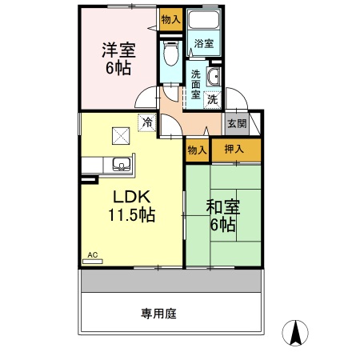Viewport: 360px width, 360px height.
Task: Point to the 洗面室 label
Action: pyautogui.click(x=196, y=84)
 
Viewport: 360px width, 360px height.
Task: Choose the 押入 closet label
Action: pyautogui.click(x=234, y=148)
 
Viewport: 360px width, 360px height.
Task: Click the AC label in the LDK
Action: pyautogui.click(x=92, y=255)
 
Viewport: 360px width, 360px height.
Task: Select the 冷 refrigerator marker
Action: pyautogui.click(x=147, y=122)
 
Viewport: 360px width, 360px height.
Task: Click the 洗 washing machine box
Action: pyautogui.click(x=212, y=100)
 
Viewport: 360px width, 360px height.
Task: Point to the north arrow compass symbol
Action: pyautogui.click(x=298, y=332)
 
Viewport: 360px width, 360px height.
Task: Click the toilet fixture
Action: pyautogui.click(x=169, y=54)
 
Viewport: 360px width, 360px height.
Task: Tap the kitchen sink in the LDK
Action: pyautogui.click(x=122, y=165)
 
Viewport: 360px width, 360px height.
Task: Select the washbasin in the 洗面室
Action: pyautogui.click(x=214, y=78)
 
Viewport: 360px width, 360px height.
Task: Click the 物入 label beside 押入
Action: pyautogui.click(x=197, y=149)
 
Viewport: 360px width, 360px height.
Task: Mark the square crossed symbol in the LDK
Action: pyautogui.click(x=120, y=135)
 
